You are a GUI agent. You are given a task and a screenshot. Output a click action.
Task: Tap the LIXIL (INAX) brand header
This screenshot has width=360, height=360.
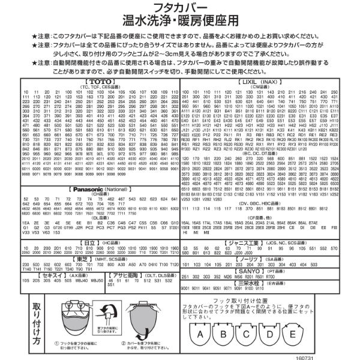point(266,80)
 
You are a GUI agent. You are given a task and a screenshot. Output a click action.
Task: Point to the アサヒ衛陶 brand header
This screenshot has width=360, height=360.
point(128,274)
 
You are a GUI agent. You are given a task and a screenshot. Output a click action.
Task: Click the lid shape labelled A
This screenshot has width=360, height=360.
point(201,332)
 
